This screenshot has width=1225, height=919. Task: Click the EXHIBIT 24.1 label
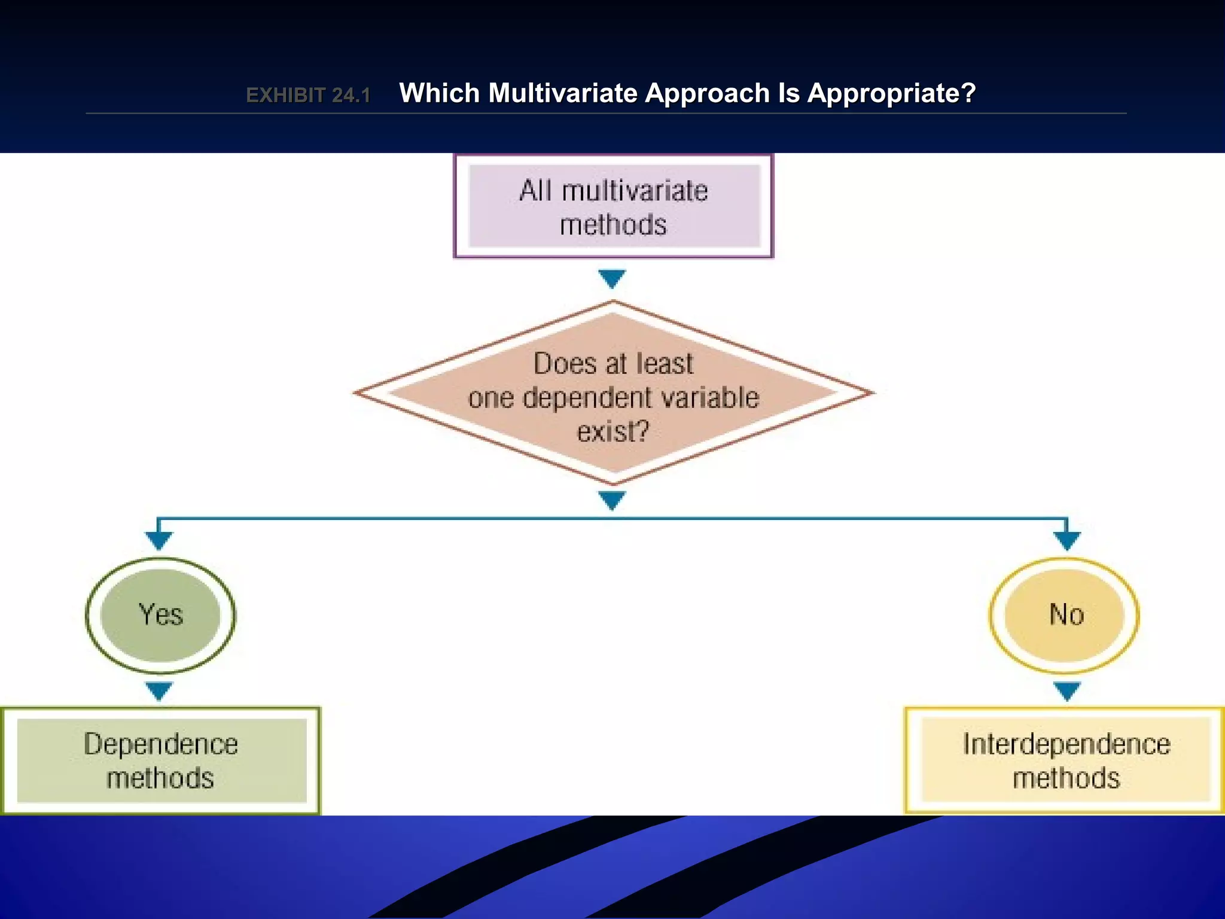coord(308,95)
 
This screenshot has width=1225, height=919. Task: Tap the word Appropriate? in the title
coord(891,93)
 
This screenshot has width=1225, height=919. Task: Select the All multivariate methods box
coord(614,206)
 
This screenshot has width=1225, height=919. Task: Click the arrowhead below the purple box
coord(612,278)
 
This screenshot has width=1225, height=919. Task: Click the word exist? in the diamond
coord(613,431)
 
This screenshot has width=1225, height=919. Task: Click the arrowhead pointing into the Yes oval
coord(159,540)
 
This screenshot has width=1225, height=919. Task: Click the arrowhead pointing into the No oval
coord(1067,540)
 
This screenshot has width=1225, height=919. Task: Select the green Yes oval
coord(160,615)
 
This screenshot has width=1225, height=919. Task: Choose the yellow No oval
coord(1065,615)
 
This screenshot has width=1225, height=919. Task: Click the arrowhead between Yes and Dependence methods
coord(159,690)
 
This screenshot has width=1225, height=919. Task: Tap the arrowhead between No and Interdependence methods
coord(1067,690)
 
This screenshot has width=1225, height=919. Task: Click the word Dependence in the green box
coord(160,744)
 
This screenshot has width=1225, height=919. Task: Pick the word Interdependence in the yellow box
coord(1066,744)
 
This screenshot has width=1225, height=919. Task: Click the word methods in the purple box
coord(613,225)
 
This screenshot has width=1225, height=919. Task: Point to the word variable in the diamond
coord(713,398)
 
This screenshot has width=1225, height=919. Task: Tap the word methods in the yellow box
coord(1066,778)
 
